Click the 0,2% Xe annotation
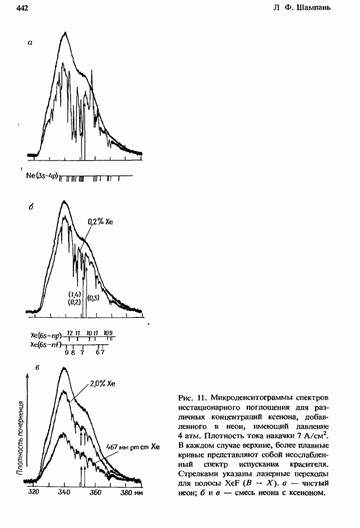point(100,222)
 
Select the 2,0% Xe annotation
point(103,384)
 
